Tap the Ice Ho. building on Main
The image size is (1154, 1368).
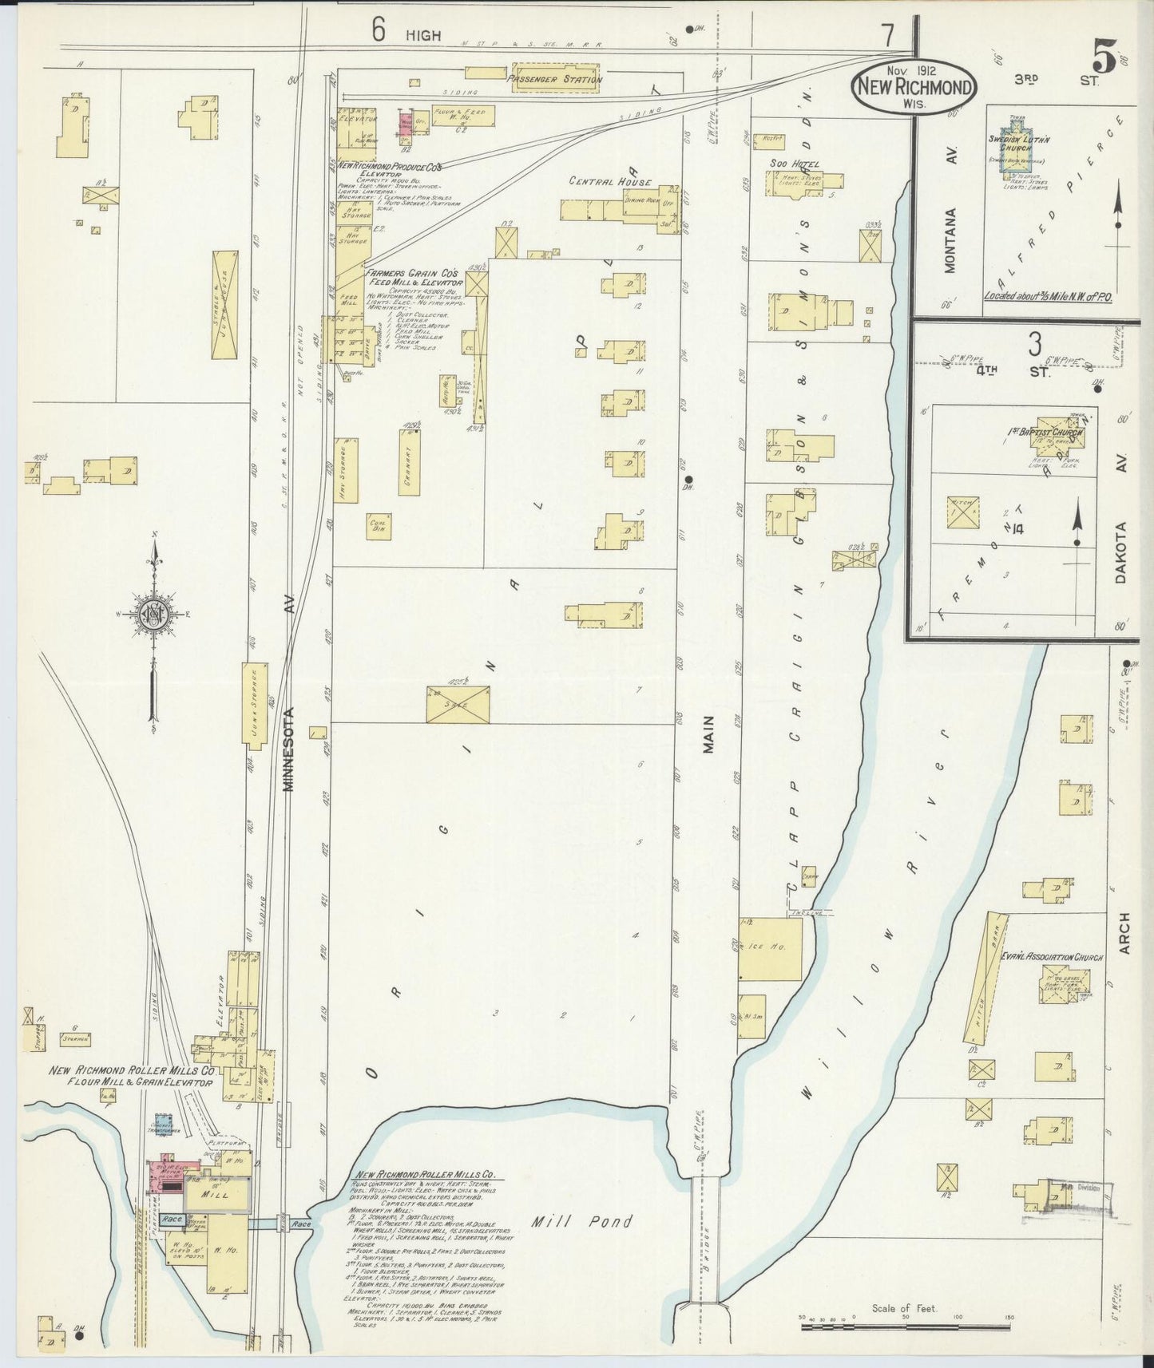tap(769, 948)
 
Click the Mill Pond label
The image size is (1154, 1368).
tap(583, 1221)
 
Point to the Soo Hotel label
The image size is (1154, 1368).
tap(794, 164)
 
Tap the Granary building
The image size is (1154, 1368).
tap(408, 462)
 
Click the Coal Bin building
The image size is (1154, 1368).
tap(379, 524)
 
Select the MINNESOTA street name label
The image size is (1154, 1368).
tap(288, 748)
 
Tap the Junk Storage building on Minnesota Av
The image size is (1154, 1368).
tap(254, 706)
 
